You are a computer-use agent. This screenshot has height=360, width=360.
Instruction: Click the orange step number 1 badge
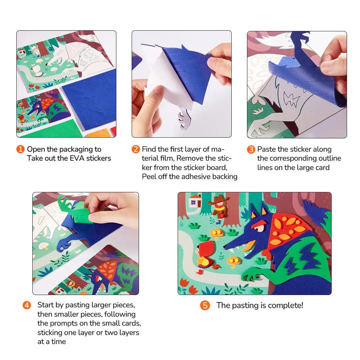(20, 149)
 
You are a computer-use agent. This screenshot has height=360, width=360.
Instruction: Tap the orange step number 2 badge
(135, 149)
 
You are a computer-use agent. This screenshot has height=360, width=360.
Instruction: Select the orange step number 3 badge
(251, 149)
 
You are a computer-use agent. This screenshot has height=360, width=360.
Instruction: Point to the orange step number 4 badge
(27, 305)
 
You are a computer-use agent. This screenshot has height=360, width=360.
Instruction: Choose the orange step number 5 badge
(205, 306)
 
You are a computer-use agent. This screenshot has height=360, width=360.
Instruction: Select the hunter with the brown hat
(219, 208)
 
